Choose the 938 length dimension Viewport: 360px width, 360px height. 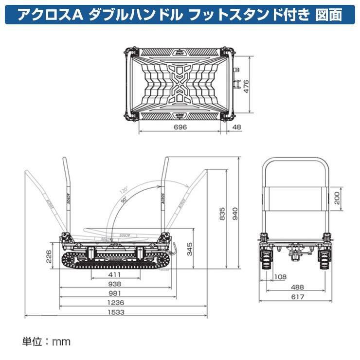tap(116, 284)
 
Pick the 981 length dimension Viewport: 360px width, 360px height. tap(116, 293)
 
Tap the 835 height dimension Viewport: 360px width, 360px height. tap(222, 213)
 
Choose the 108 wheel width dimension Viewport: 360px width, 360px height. tap(281, 278)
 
